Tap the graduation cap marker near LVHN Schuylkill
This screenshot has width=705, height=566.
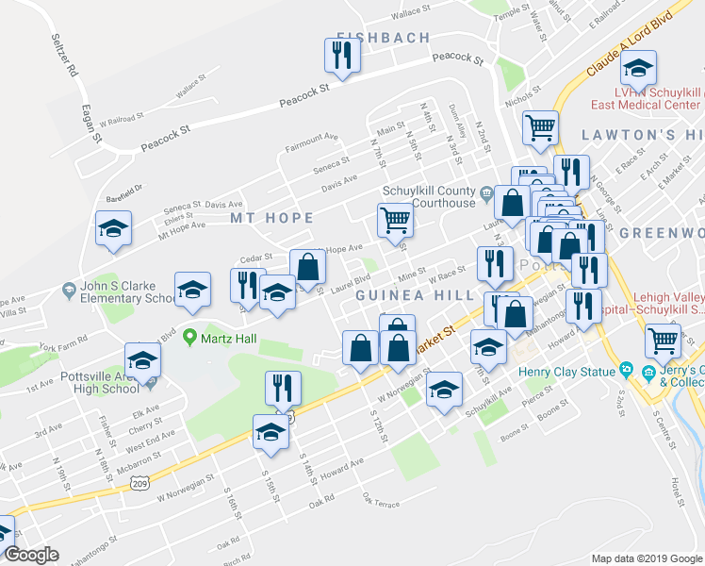click(x=639, y=69)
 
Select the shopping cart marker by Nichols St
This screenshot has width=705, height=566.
click(x=540, y=127)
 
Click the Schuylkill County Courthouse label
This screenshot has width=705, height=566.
click(x=429, y=196)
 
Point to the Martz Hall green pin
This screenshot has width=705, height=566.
click(x=189, y=336)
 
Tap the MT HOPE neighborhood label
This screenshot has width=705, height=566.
click(x=271, y=218)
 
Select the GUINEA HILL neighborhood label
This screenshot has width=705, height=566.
click(x=414, y=295)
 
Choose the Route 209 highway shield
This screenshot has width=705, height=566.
click(x=138, y=481)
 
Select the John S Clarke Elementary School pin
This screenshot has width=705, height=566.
click(x=68, y=289)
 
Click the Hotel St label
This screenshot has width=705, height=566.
click(x=675, y=489)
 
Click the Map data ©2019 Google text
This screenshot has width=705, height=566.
click(x=646, y=558)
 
